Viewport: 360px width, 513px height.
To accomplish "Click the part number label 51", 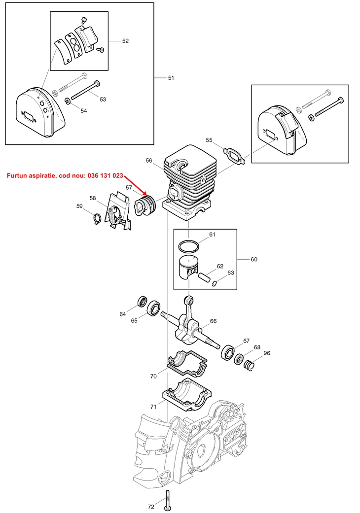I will point(171,78).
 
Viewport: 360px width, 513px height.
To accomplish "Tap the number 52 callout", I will point(125,41).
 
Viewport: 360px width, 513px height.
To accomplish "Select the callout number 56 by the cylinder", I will point(149,160).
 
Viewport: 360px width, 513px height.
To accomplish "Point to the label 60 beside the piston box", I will point(254,259).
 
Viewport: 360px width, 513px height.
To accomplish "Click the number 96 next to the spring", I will point(267,353).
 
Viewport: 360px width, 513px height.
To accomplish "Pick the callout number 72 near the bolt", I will point(151,507).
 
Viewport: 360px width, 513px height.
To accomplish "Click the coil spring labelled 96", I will point(251,366).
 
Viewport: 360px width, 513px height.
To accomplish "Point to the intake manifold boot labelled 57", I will point(145,207).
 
